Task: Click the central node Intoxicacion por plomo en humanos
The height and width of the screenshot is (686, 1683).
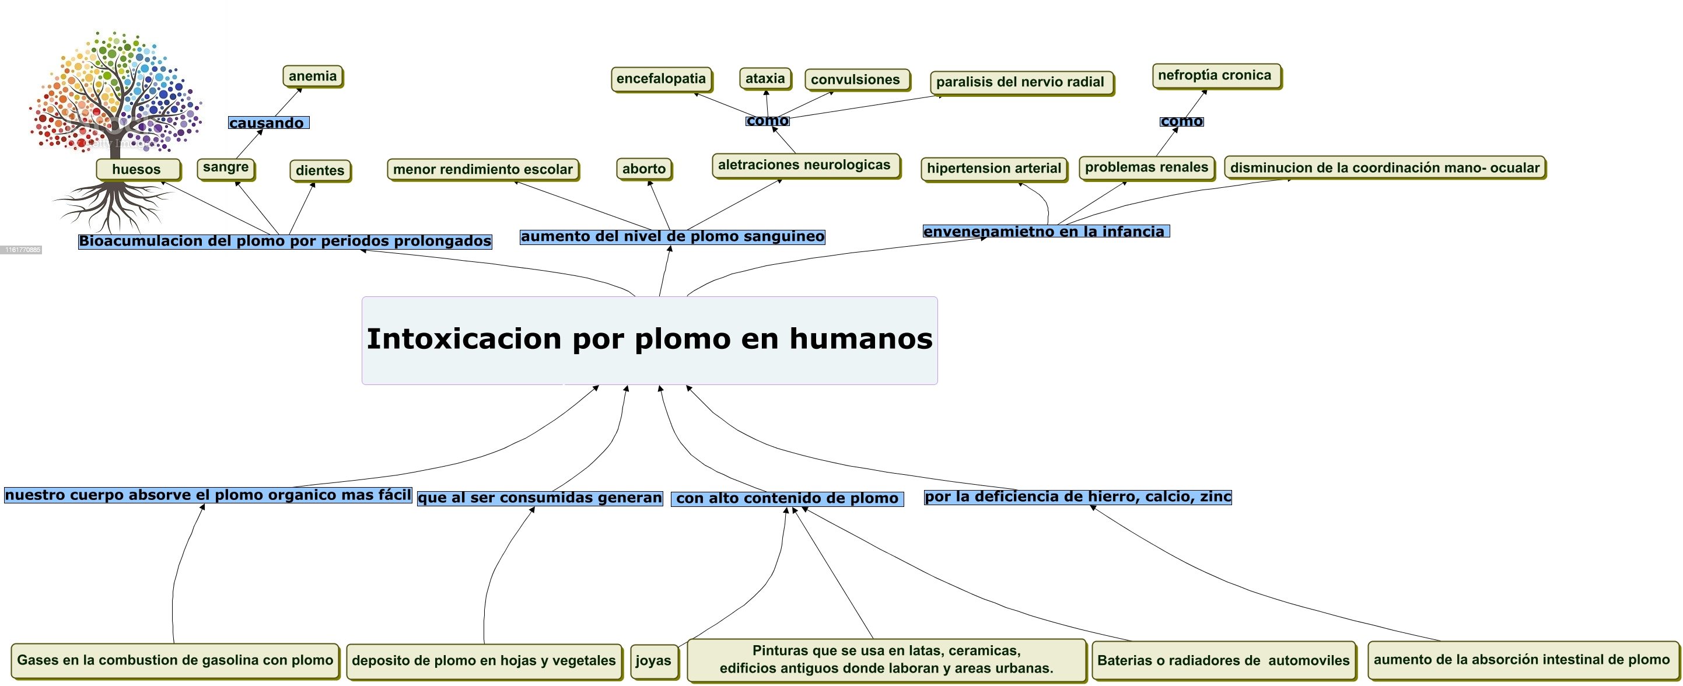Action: pos(649,339)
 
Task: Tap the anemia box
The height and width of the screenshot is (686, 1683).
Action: pos(313,76)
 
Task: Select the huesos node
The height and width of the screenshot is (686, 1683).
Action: pos(137,169)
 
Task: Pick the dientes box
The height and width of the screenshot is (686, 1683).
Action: pos(320,170)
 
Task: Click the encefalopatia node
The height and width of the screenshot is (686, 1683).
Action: pos(661,79)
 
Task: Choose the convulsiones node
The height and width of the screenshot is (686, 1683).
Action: pos(856,80)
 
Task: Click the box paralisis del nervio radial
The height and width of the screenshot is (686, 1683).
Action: pos(1020,82)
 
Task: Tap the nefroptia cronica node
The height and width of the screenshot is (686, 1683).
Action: pos(1215,75)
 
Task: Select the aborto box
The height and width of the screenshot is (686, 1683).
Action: pos(644,169)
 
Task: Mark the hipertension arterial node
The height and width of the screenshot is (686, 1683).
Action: pos(993,169)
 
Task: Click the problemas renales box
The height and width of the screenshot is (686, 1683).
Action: pos(1147,167)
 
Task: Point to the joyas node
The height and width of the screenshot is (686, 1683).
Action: pos(653,660)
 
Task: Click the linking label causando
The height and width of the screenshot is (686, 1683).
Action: pos(267,123)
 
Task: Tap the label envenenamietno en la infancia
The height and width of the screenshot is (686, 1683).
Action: pos(1045,231)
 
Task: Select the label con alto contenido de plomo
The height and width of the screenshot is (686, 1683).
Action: pos(788,499)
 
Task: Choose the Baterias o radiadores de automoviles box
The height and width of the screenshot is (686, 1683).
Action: pos(1223,660)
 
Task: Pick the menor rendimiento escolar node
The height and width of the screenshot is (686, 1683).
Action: pos(483,170)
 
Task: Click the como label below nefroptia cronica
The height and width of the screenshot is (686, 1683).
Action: pos(1181,121)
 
